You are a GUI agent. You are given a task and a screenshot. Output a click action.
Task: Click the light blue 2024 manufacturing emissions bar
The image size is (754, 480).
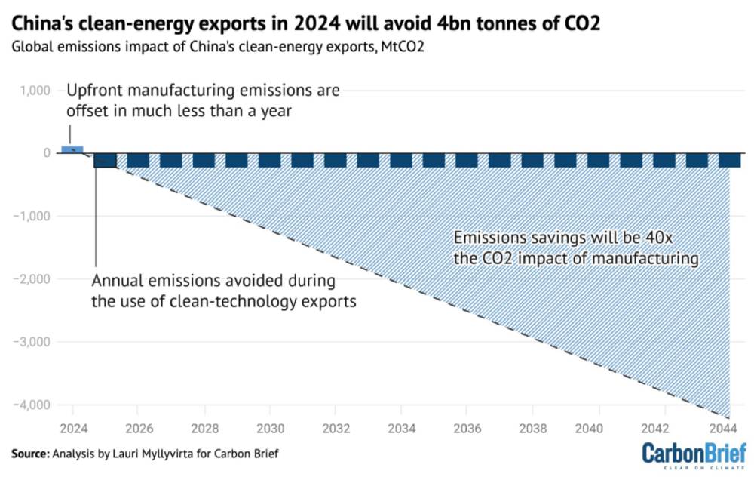(72, 149)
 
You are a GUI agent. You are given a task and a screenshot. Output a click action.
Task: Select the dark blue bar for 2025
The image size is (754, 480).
(105, 160)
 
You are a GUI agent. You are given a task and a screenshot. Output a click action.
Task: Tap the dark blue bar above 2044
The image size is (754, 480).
(729, 160)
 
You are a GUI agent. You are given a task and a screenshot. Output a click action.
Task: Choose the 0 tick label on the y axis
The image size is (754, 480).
(46, 153)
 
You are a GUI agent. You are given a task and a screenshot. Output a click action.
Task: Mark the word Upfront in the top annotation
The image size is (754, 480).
(93, 91)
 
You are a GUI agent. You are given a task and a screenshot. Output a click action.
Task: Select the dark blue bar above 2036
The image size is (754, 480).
(467, 160)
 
